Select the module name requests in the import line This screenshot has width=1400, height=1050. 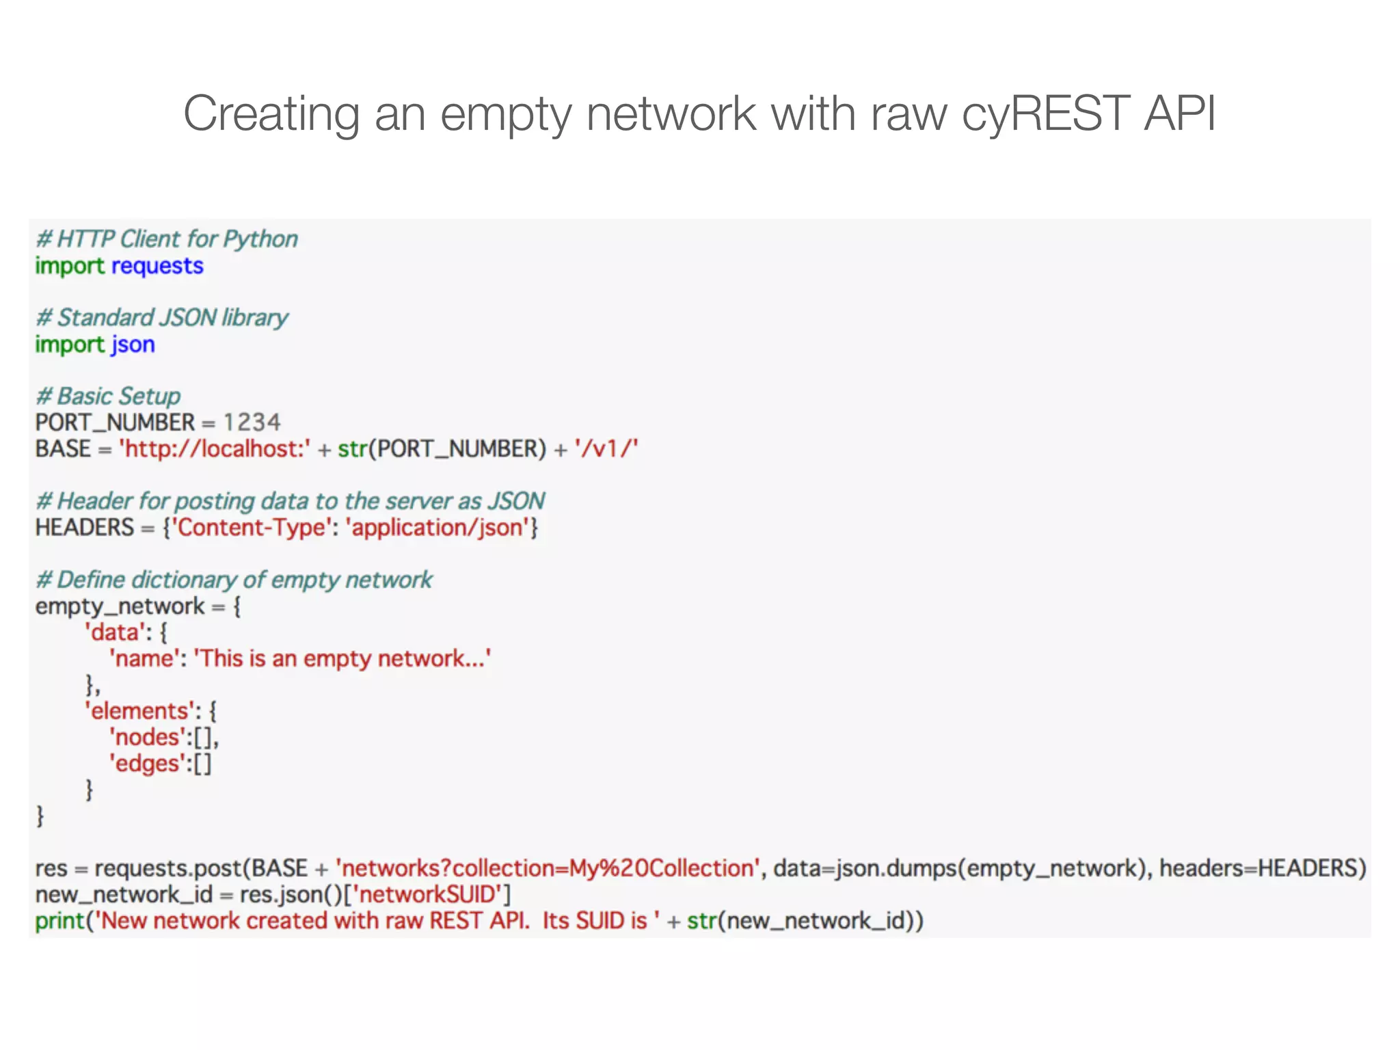[157, 266]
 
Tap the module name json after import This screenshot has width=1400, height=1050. [133, 345]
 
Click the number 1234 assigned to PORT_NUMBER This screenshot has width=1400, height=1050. [252, 422]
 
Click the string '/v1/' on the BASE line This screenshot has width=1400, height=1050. [606, 449]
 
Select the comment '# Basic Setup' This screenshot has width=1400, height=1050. [108, 396]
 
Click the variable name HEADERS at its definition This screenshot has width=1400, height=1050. [85, 528]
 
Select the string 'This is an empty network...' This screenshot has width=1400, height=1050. [342, 659]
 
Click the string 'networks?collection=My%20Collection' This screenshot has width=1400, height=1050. [548, 869]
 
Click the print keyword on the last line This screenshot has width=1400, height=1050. [59, 921]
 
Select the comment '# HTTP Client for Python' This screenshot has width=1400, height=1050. [167, 239]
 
